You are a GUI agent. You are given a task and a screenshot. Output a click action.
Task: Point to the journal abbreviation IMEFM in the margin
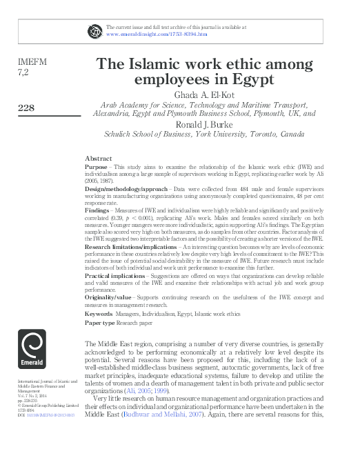(32, 61)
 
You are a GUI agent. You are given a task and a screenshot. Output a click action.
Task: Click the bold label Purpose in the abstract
(96, 168)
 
